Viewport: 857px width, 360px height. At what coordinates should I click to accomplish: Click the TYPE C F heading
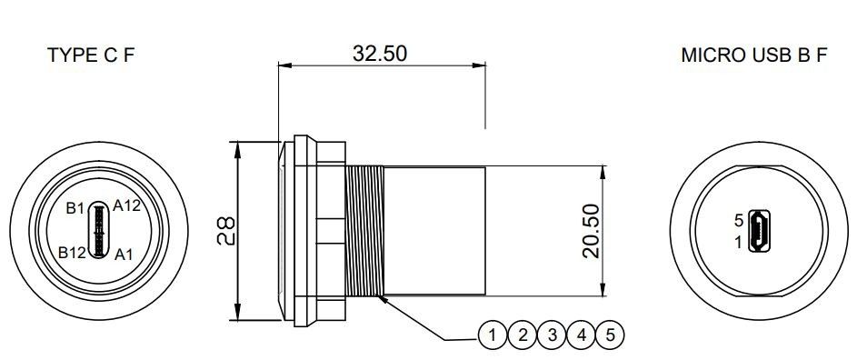tap(91, 55)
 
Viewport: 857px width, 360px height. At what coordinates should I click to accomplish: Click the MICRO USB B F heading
tap(754, 55)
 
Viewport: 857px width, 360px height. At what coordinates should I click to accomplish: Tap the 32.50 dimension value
tap(380, 54)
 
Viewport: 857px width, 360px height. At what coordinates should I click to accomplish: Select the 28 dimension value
tap(225, 230)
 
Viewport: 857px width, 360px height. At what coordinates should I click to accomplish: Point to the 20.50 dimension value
tap(592, 231)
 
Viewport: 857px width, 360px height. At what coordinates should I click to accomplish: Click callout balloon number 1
tap(493, 335)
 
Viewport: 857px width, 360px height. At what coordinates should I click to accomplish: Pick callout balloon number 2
tap(523, 335)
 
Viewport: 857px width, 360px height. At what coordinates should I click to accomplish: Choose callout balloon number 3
tap(552, 335)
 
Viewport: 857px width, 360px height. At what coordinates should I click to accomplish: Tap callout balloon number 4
tap(582, 335)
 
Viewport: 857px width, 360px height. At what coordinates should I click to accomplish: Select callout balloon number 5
tap(611, 335)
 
